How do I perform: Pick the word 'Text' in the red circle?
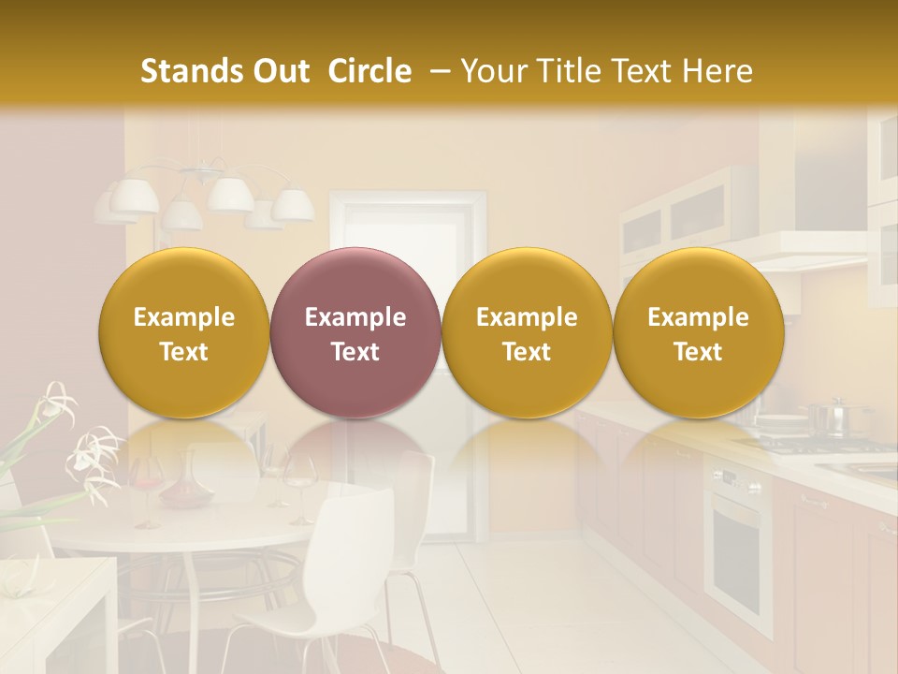point(355,352)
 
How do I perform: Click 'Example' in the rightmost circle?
point(698,317)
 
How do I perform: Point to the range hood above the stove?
point(804,253)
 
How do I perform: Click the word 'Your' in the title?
point(491,71)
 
